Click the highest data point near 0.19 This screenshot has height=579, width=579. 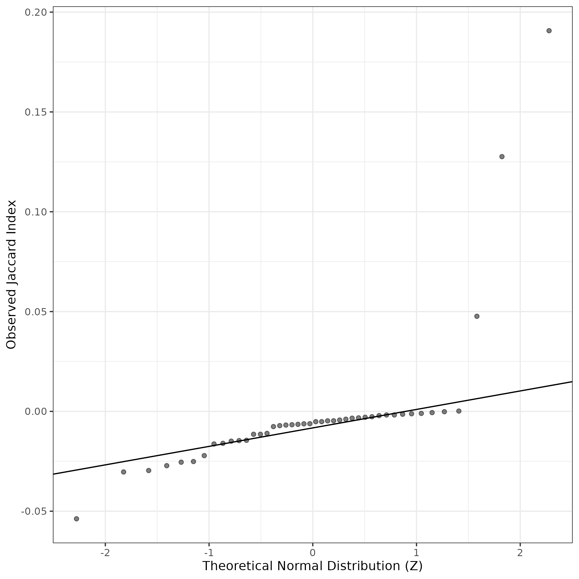[549, 31]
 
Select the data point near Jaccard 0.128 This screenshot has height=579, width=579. [502, 156]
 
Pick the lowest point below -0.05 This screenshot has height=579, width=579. [76, 519]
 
